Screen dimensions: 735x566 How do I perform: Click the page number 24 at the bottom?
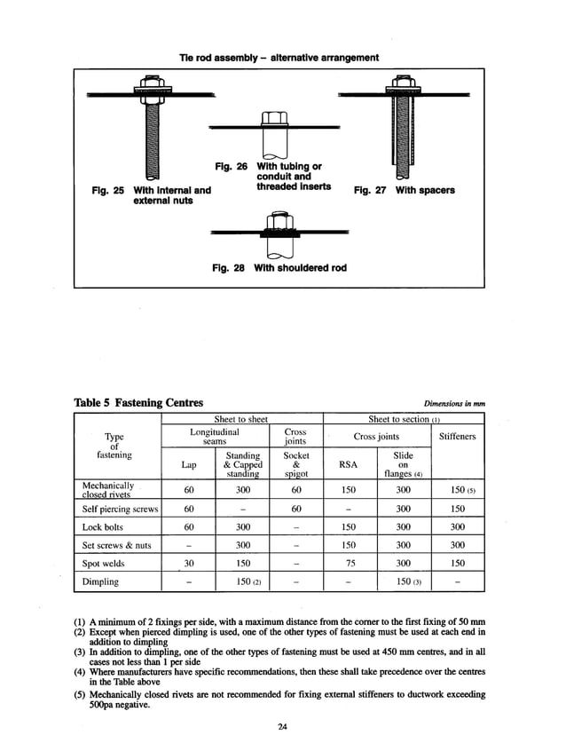coord(282,728)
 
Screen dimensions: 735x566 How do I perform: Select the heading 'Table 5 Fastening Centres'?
coord(138,403)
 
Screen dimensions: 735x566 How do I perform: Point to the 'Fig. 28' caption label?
coord(229,267)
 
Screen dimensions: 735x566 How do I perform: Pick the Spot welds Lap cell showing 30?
coord(188,563)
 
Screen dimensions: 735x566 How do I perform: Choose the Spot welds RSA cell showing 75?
coord(349,563)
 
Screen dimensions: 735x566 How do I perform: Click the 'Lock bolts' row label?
coord(102,526)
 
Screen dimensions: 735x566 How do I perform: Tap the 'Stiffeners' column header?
coord(457,437)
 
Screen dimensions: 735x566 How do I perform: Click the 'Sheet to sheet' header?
coord(241,419)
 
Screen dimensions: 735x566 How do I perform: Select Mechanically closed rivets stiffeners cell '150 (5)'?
coord(458,490)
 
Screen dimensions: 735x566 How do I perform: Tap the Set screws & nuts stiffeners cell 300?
coord(457,545)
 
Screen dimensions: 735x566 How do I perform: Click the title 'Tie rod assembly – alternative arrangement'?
coord(279,58)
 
